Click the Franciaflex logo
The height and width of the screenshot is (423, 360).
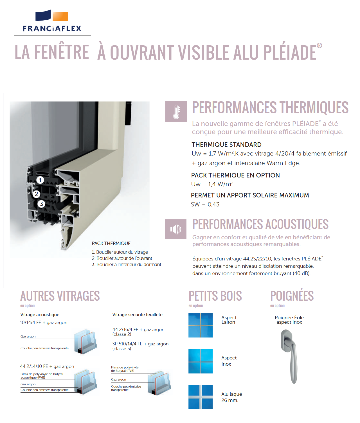52,22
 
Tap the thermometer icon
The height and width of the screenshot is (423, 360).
176,112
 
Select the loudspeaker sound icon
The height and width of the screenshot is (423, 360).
176,229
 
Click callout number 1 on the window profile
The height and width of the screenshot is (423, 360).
40,180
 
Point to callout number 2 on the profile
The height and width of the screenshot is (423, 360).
36,194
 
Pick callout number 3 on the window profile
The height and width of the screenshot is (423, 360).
42,204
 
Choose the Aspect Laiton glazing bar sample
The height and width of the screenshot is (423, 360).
200,325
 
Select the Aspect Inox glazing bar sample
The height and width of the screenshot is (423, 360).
200,361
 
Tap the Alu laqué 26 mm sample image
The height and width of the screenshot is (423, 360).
200,397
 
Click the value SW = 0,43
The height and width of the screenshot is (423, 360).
205,204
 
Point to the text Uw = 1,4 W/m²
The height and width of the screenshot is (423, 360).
212,184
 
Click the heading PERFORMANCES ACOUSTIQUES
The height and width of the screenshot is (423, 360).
260,224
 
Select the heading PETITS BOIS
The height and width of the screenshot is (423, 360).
215,296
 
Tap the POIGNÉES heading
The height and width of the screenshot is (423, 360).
292,296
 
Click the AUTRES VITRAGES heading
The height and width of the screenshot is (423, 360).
60,296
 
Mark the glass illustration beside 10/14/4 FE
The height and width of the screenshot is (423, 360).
86,342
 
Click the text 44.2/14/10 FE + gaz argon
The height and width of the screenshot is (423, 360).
47,366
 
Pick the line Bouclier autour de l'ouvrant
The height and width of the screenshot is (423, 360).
124,258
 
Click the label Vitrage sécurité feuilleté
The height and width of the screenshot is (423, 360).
137,314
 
